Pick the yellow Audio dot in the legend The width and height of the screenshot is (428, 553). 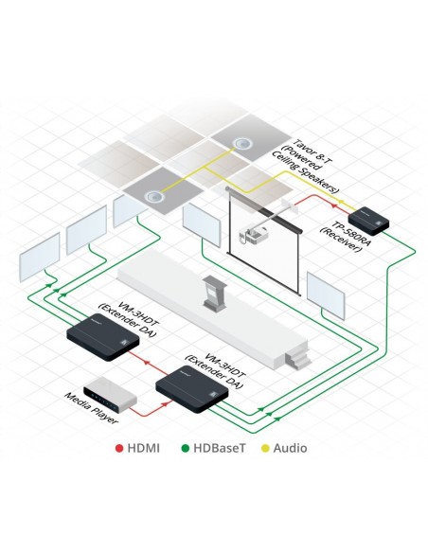[266, 448]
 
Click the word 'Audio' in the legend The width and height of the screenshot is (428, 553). [290, 448]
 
